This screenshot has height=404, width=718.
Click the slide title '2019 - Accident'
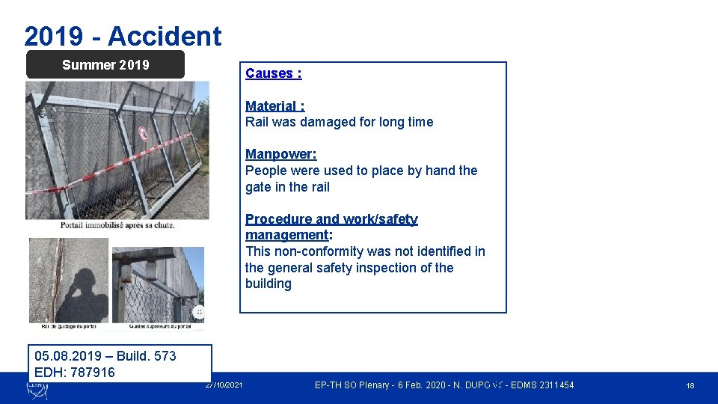123,36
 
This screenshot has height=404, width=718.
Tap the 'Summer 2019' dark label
105,65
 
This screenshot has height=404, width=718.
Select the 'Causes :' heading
273,73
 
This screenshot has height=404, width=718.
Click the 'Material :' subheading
274,106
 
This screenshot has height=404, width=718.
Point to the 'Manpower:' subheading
280,154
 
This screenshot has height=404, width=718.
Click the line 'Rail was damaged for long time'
339,122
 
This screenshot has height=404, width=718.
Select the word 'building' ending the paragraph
268,284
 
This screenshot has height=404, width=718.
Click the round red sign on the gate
143,134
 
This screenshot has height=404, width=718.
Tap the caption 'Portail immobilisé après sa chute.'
117,224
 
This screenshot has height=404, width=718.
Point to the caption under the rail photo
69,326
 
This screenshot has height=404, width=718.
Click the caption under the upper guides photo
159,326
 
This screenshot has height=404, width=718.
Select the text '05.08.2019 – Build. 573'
105,356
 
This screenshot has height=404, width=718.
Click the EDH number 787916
92,373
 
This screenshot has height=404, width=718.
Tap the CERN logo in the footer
37,387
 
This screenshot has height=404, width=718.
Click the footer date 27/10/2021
223,385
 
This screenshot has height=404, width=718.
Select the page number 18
690,385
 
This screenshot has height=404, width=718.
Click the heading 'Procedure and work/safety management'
331,227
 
